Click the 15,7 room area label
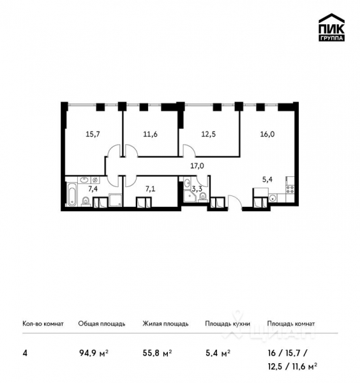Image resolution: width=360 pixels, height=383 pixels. [94, 134]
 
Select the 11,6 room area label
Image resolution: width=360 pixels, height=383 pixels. [151, 134]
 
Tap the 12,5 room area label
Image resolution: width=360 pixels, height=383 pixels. [207, 134]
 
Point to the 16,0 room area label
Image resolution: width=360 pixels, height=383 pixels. [269, 134]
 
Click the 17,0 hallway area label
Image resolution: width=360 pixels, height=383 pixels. [197, 166]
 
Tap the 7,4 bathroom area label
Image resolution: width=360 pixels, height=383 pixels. [93, 190]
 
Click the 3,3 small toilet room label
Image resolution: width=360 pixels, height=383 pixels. [198, 189]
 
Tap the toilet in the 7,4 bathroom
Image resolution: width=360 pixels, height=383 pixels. [86, 202]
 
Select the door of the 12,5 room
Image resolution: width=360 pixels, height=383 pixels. [190, 150]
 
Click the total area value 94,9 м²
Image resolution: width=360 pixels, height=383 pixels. [92, 352]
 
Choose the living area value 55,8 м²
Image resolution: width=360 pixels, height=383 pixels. [156, 352]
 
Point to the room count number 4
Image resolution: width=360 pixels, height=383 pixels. [25, 352]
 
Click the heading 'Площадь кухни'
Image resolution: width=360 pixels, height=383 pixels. [227, 324]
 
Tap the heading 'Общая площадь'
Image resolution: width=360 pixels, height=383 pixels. [101, 324]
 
